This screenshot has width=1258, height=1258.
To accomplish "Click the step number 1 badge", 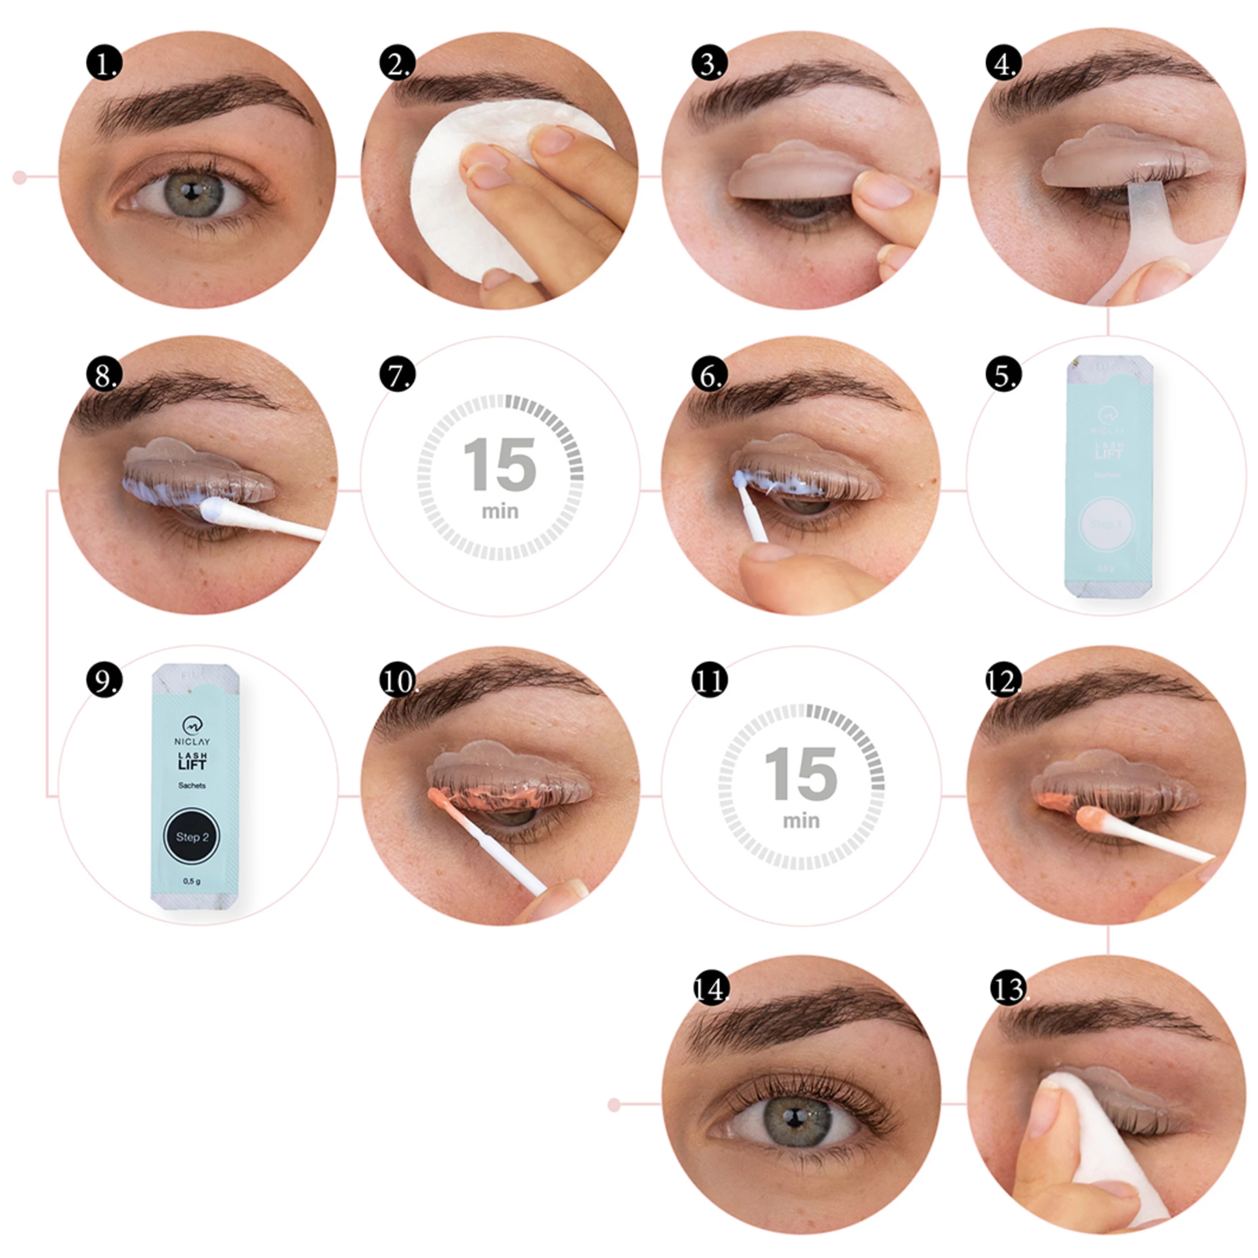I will coord(104,64).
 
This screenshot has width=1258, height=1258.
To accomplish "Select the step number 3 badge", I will coord(710,64).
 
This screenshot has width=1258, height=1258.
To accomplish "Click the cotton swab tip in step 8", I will coord(215,510).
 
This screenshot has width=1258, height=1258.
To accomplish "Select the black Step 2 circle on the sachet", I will coord(191,837).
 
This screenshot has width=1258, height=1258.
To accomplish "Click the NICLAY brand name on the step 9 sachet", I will coord(192,741).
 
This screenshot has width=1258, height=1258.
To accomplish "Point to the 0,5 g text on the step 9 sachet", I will coord(191,882).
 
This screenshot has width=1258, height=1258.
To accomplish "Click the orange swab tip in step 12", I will coord(1089,817).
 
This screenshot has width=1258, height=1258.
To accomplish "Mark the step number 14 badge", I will coord(710,990).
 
